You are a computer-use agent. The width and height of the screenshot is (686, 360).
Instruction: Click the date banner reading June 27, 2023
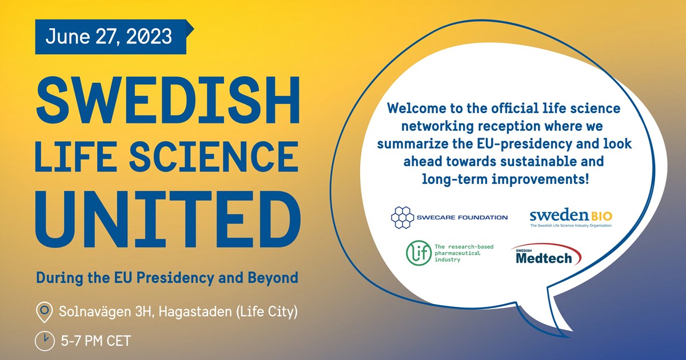pos(109,37)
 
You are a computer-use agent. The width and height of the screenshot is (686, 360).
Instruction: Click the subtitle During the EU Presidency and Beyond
pos(167,278)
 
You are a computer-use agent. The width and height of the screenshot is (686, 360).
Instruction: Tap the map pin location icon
pos(44,312)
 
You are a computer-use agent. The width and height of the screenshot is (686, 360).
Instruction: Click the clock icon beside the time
pos(44,341)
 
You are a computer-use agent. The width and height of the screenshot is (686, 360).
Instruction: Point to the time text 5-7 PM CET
pos(95,342)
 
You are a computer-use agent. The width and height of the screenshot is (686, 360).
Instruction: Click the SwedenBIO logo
pos(571,218)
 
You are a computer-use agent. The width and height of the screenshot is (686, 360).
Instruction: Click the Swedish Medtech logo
pos(545,256)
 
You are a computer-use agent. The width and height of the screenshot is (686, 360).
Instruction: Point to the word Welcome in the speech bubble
pos(414,107)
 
